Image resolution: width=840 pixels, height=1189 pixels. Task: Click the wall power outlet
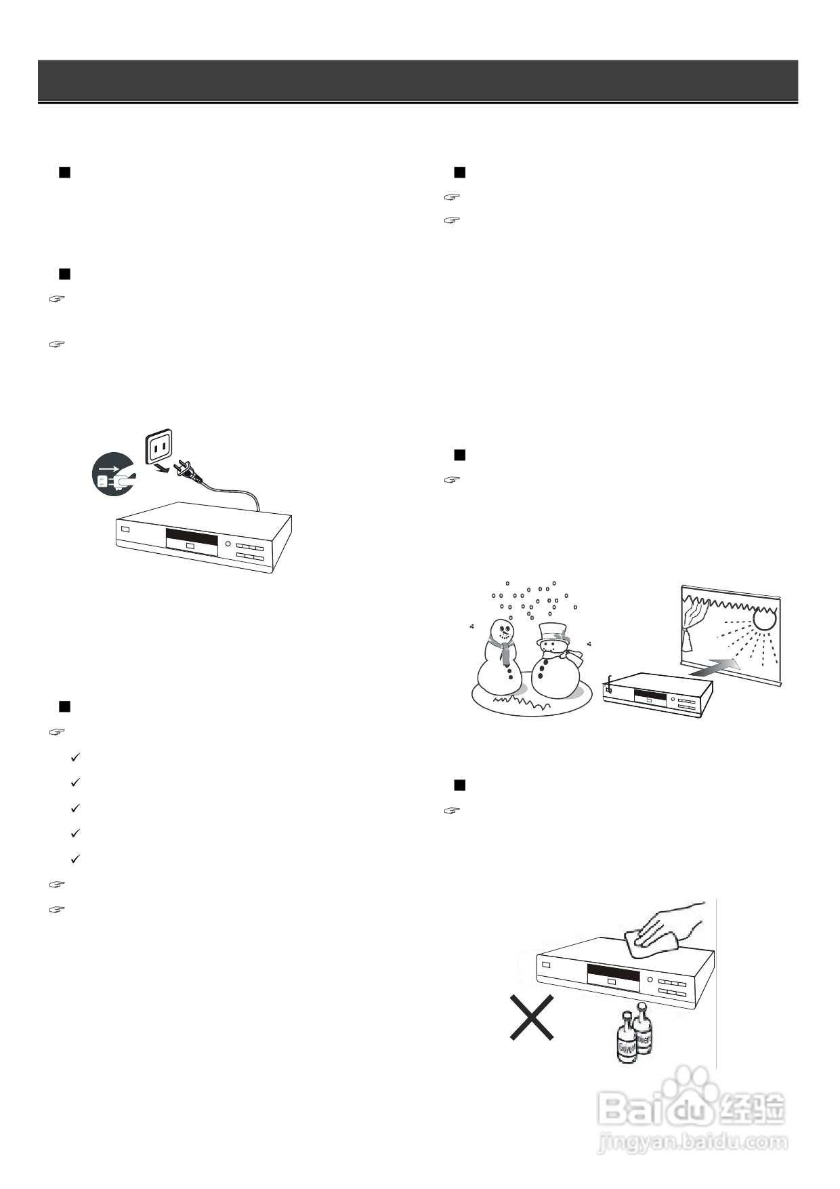[x=161, y=447]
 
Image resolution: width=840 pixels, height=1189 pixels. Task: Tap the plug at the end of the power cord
[x=186, y=470]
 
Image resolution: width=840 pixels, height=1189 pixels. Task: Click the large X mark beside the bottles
[x=532, y=1017]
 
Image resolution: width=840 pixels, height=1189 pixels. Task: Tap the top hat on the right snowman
[x=553, y=632]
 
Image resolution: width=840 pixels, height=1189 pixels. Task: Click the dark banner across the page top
[x=417, y=80]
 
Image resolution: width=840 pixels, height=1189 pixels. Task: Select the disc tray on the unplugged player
[x=192, y=544]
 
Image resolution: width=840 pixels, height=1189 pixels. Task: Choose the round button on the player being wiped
[x=650, y=980]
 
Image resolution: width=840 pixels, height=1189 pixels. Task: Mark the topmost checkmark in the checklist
[x=75, y=757]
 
